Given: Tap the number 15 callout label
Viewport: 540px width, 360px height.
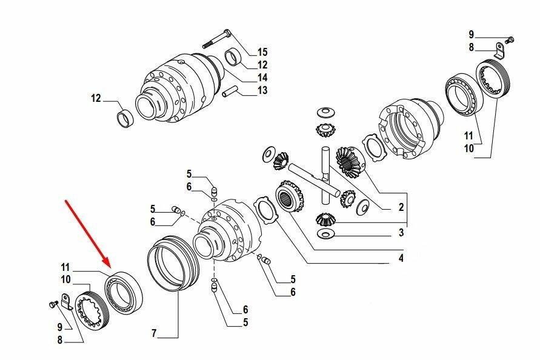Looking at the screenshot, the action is [x=262, y=52].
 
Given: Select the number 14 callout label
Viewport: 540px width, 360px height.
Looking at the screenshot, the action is [x=262, y=78].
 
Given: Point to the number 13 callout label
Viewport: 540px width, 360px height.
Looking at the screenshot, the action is [x=262, y=90].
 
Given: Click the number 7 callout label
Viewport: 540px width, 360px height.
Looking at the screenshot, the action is [x=155, y=333].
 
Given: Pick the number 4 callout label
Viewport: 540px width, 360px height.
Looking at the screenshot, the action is [x=401, y=258].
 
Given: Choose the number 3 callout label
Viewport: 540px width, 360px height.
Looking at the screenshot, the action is [x=401, y=233].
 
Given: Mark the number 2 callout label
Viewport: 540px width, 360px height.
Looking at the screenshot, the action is [x=401, y=207].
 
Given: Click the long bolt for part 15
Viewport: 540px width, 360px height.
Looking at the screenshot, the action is [x=217, y=39].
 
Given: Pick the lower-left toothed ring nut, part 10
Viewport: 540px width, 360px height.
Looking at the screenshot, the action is [x=92, y=309].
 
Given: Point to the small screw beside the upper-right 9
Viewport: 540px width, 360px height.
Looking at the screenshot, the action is [x=511, y=40].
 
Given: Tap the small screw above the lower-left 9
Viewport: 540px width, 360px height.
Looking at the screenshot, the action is [x=53, y=304].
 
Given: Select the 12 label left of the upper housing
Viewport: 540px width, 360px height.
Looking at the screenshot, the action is [x=96, y=99].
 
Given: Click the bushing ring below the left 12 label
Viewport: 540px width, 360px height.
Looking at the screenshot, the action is [x=125, y=118].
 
